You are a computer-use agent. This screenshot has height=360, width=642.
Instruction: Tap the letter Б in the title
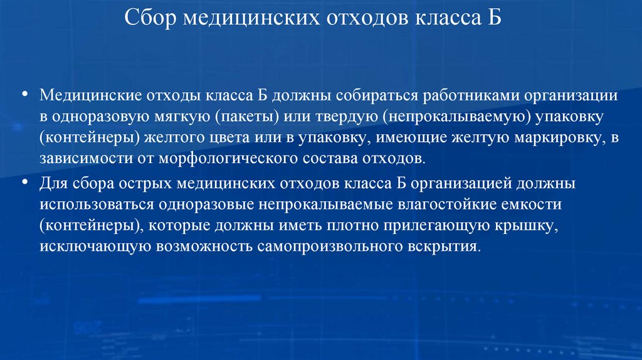[493, 17]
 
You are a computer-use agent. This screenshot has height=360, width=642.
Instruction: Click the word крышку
[529, 225]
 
